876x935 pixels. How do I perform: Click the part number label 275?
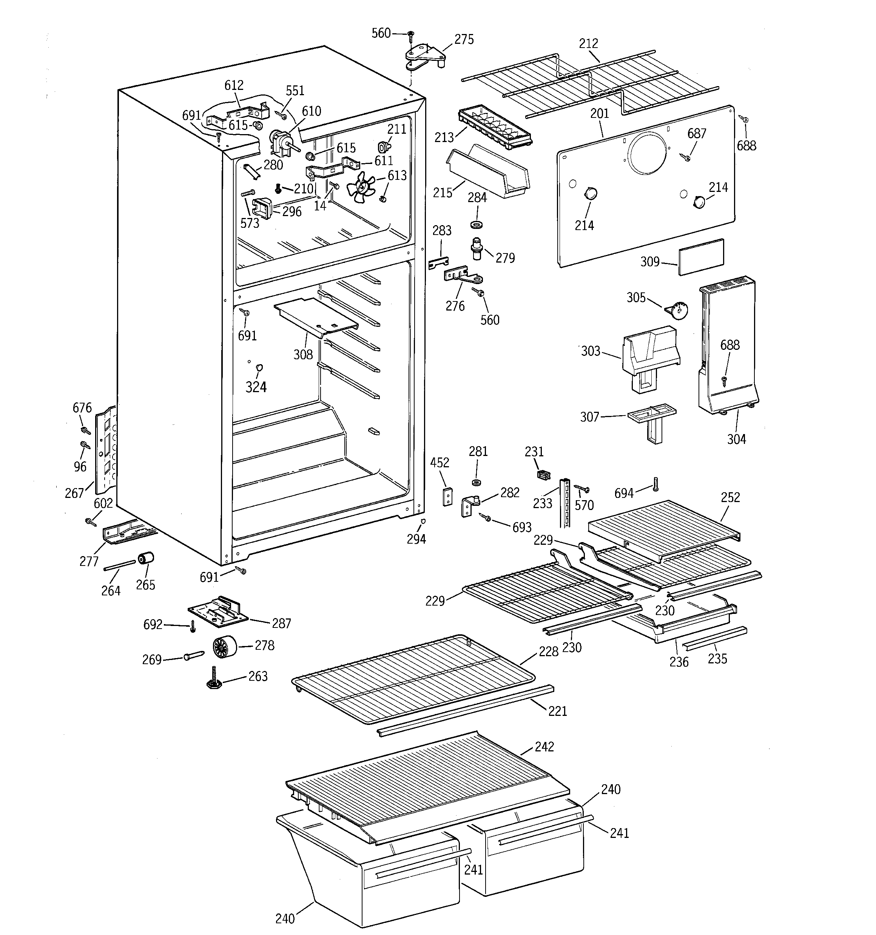pyautogui.click(x=464, y=40)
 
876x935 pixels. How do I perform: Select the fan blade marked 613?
pyautogui.click(x=361, y=187)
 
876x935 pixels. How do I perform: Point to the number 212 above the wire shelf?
pyautogui.click(x=588, y=44)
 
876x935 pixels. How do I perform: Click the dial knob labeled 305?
pyautogui.click(x=677, y=311)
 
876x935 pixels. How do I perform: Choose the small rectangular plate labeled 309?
pyautogui.click(x=701, y=257)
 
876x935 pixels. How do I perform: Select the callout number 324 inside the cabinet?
pyautogui.click(x=256, y=387)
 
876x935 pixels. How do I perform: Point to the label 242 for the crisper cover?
pyautogui.click(x=544, y=746)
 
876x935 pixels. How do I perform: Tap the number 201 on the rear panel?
pyautogui.click(x=600, y=113)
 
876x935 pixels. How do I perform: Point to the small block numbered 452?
pyautogui.click(x=447, y=496)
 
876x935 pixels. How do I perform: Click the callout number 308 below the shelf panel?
pyautogui.click(x=303, y=355)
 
